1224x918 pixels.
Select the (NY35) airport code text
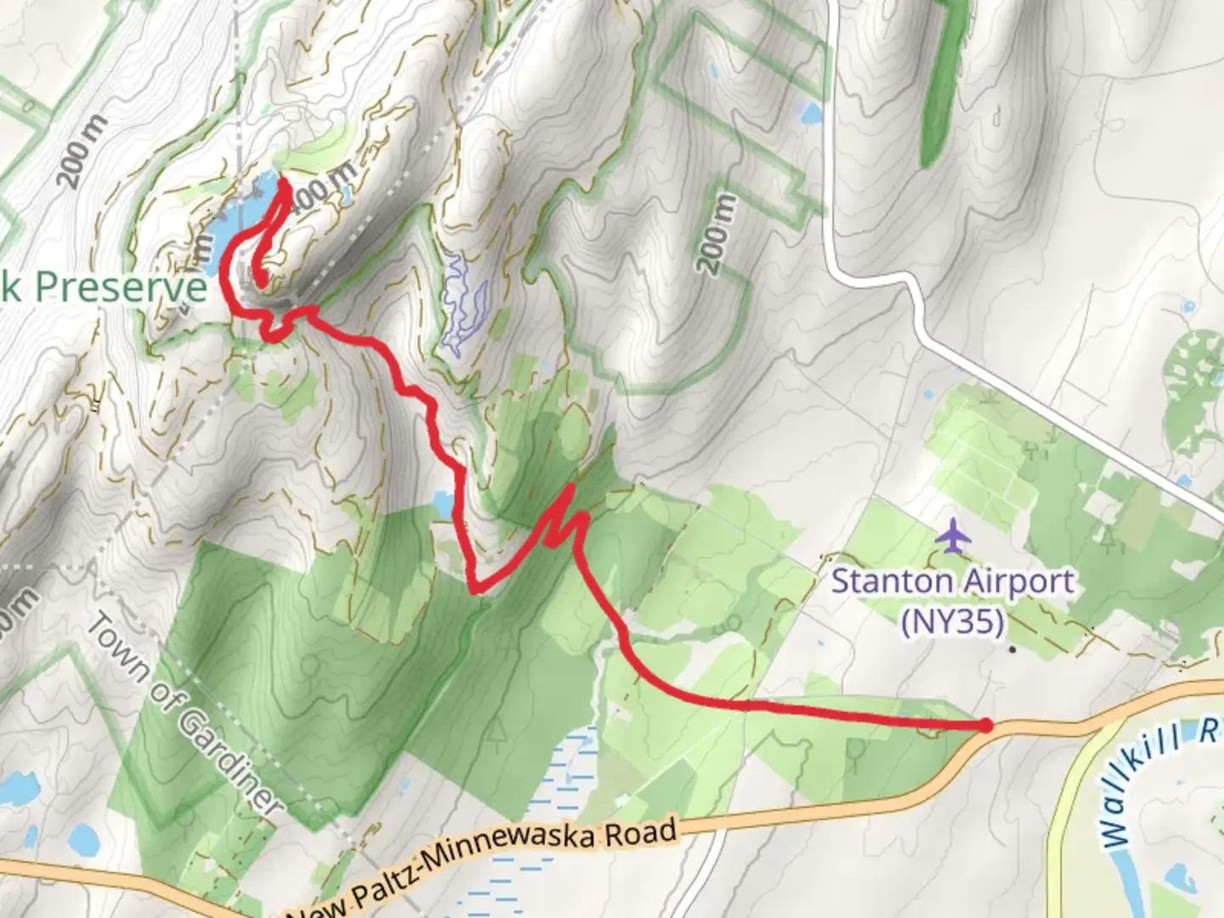[x=953, y=621]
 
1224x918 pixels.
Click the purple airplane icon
[x=953, y=536]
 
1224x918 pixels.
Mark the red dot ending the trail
[x=985, y=725]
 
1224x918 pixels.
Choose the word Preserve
[x=120, y=287]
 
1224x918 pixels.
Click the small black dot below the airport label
[x=1012, y=650]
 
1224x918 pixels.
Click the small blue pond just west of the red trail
[x=443, y=503]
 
